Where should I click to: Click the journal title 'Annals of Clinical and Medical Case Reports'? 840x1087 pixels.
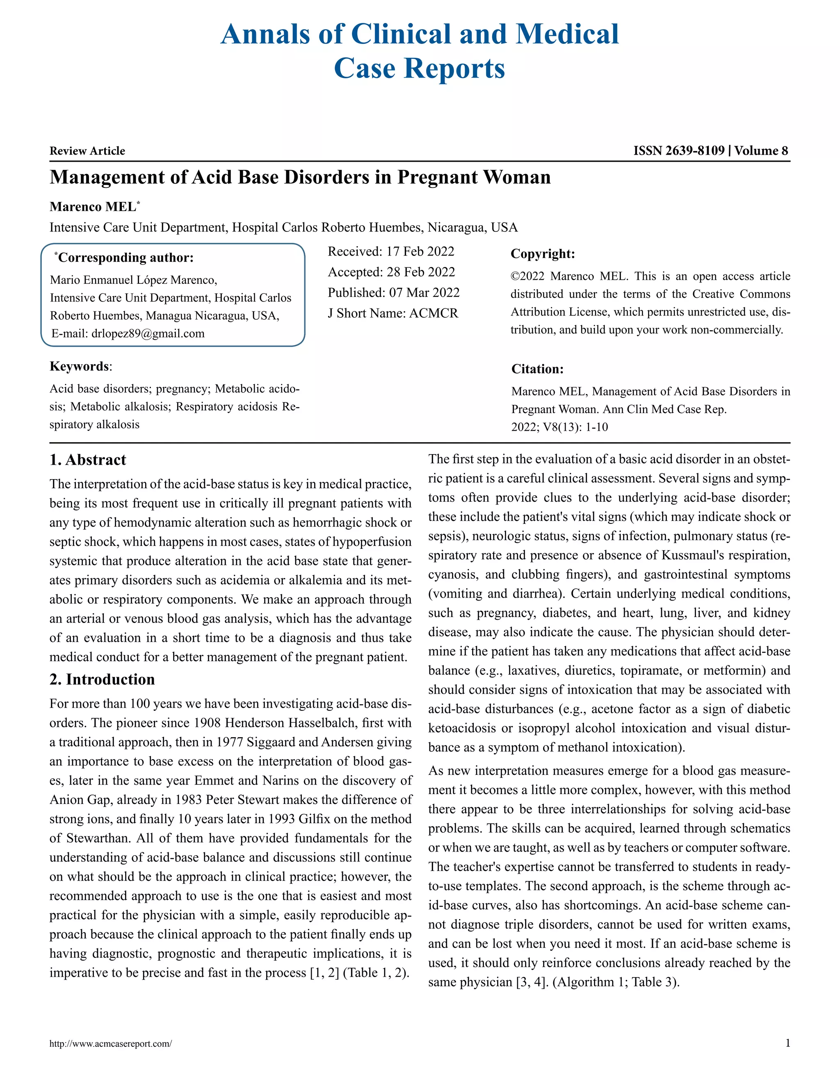420,51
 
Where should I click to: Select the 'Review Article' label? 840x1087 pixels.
87,151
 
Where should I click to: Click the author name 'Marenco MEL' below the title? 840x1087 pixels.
93,207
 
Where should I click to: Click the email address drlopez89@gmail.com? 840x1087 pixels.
148,333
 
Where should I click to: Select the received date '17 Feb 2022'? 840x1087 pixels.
420,251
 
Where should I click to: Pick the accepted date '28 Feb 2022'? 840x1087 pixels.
420,272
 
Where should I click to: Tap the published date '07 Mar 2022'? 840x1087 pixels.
424,292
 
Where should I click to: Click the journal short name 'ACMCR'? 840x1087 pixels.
434,313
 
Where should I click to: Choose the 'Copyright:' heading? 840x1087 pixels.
542,254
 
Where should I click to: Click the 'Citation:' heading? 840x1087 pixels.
537,369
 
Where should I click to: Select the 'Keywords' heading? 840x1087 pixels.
80,366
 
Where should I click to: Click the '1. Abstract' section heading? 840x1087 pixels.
88,459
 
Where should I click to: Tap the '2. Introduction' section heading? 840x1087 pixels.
102,679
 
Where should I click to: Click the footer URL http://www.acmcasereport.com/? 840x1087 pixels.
110,1044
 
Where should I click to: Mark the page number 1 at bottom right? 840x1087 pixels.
787,1043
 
